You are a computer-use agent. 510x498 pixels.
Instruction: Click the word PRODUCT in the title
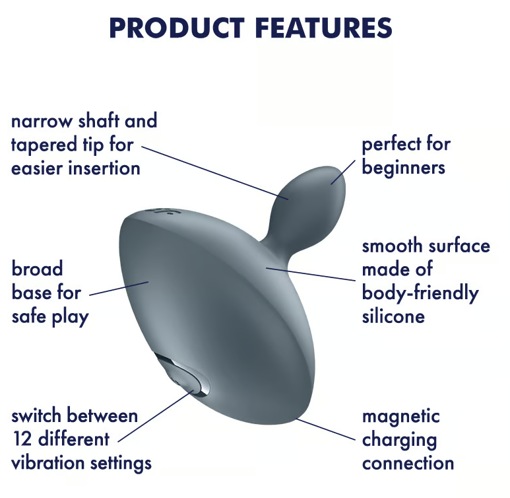(x=177, y=28)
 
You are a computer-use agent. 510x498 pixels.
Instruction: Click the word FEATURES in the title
(x=324, y=28)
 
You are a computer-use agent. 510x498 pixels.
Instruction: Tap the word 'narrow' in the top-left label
(x=42, y=121)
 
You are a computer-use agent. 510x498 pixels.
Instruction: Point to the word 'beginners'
(x=403, y=168)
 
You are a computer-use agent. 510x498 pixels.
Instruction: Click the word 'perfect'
(x=391, y=144)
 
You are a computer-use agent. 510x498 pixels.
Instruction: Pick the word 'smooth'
(x=391, y=246)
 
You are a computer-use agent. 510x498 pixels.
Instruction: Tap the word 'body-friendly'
(x=420, y=293)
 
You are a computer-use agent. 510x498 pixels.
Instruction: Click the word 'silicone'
(x=393, y=316)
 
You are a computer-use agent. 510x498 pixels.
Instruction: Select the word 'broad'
(x=37, y=269)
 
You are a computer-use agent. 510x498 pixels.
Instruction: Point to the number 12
(x=22, y=439)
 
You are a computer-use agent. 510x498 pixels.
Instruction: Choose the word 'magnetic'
(x=400, y=416)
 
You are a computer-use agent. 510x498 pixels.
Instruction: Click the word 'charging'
(x=399, y=441)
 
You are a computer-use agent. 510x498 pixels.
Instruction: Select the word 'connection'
(x=408, y=464)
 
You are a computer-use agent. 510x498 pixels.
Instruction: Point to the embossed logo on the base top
(x=160, y=211)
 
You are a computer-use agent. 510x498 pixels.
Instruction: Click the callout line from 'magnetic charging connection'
(x=325, y=429)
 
